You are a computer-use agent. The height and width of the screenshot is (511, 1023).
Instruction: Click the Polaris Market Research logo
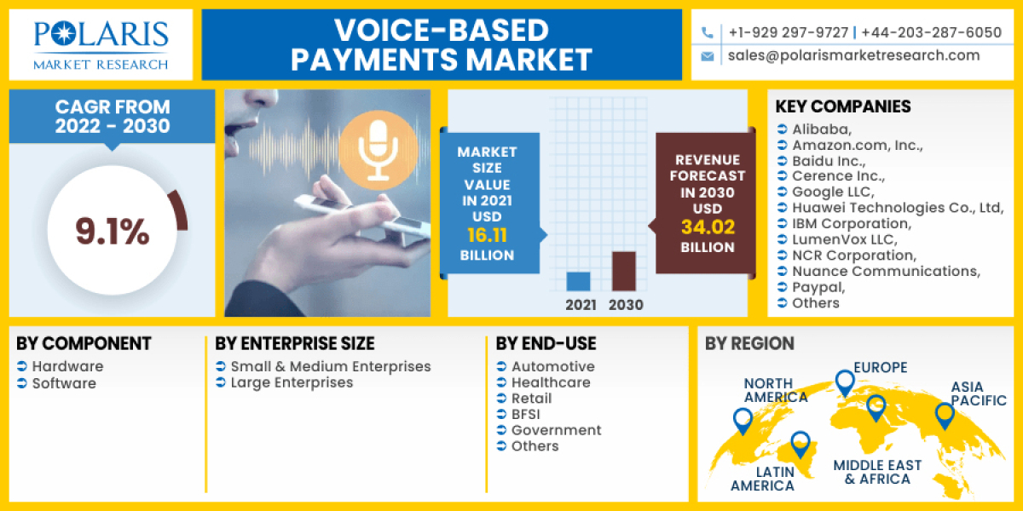point(101,44)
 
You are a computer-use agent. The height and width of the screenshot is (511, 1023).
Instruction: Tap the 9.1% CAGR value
point(112,231)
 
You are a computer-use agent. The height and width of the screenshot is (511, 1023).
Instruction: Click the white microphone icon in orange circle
point(378,148)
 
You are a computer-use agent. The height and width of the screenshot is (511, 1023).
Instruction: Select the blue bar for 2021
point(578,282)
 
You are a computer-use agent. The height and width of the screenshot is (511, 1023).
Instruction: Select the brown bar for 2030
point(624,272)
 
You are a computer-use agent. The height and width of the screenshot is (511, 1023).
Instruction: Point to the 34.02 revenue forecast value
point(707,227)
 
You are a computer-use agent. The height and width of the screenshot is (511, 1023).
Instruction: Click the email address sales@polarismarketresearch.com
point(853,55)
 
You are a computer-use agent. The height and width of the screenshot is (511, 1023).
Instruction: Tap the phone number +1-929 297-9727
point(788,32)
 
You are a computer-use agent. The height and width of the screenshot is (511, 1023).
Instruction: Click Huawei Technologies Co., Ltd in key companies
point(897,208)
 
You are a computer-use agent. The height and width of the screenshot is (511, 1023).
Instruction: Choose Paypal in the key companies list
point(818,287)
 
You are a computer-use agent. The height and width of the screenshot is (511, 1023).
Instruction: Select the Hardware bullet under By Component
point(67,366)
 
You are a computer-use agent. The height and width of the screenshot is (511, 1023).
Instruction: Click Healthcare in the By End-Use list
point(551,382)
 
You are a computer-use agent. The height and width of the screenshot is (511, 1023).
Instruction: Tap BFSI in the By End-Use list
point(530,414)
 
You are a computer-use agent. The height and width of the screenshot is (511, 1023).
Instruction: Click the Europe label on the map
point(880,368)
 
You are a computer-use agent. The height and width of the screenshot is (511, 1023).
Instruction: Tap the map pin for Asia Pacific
point(943,416)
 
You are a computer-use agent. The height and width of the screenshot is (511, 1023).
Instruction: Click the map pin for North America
point(743,420)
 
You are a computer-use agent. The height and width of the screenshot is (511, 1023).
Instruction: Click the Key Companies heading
point(842,106)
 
